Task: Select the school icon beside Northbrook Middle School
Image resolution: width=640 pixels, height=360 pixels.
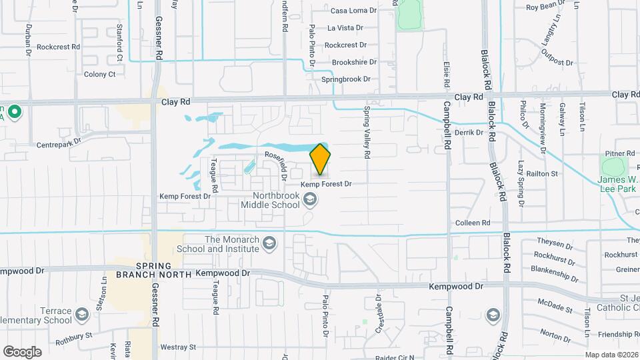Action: [310, 199]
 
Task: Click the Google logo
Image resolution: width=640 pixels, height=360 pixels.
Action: [22, 351]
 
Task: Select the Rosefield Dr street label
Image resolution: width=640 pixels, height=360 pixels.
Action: [275, 160]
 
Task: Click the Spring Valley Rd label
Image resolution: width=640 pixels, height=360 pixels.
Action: [367, 133]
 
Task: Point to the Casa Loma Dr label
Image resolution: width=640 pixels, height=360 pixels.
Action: [353, 11]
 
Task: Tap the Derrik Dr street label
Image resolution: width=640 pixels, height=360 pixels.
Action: [469, 133]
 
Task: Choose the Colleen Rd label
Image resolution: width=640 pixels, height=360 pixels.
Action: [473, 223]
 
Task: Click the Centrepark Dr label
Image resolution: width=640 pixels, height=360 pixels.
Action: [59, 143]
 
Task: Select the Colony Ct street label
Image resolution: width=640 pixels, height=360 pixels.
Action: [100, 74]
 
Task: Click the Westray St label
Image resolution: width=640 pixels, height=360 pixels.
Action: [178, 347]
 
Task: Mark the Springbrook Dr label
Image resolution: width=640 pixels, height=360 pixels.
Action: [345, 79]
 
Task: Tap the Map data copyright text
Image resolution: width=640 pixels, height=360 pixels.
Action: [611, 355]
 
